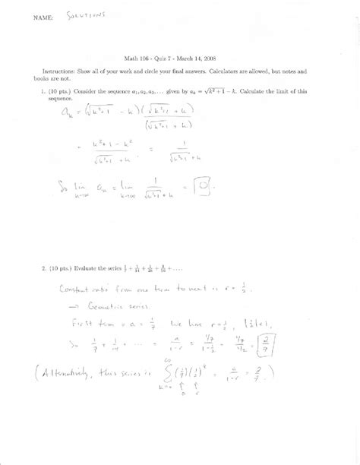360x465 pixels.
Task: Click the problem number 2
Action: click(x=44, y=267)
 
